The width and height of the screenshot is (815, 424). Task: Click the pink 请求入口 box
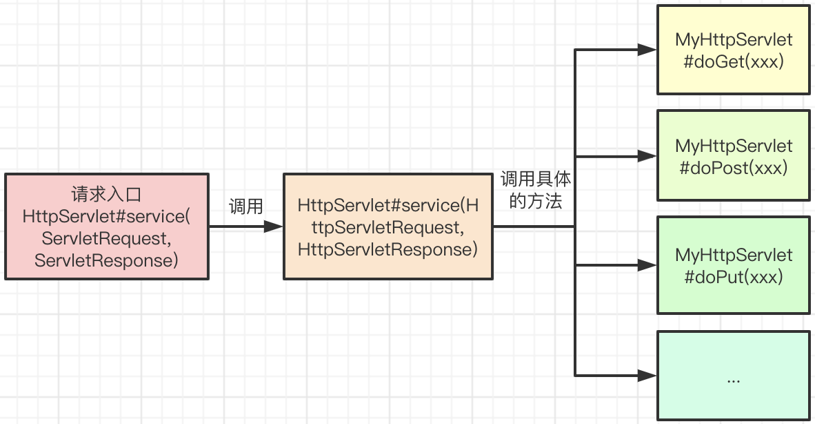pyautogui.click(x=107, y=227)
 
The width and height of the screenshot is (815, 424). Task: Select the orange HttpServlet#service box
pyautogui.click(x=388, y=227)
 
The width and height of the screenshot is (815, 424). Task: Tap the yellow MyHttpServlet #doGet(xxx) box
pyautogui.click(x=734, y=50)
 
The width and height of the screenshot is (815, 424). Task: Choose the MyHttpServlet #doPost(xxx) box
pyautogui.click(x=734, y=155)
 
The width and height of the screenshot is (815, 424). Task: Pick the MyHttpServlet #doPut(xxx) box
pyautogui.click(x=734, y=265)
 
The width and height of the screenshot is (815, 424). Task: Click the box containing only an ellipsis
pyautogui.click(x=734, y=376)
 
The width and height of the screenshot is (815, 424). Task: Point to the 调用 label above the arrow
pyautogui.click(x=246, y=206)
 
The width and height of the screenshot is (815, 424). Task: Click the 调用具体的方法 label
pyautogui.click(x=535, y=190)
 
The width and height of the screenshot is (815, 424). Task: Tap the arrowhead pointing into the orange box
pyautogui.click(x=274, y=227)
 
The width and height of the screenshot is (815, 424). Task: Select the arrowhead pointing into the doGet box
pyautogui.click(x=647, y=50)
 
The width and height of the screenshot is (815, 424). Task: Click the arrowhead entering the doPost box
pyautogui.click(x=647, y=155)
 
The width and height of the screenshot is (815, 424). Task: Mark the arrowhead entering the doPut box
pyautogui.click(x=647, y=265)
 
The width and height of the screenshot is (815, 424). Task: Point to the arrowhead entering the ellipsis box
pyautogui.click(x=647, y=376)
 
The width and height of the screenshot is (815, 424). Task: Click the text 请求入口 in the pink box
pyautogui.click(x=107, y=194)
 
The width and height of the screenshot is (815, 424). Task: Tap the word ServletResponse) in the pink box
pyautogui.click(x=107, y=260)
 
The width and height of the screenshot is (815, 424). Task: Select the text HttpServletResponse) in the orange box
pyautogui.click(x=388, y=249)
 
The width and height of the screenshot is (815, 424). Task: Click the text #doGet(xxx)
pyautogui.click(x=734, y=62)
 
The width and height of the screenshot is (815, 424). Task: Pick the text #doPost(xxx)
pyautogui.click(x=734, y=168)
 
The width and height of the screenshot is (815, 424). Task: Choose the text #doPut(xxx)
pyautogui.click(x=734, y=277)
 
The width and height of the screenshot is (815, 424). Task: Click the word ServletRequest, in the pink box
pyautogui.click(x=107, y=238)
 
